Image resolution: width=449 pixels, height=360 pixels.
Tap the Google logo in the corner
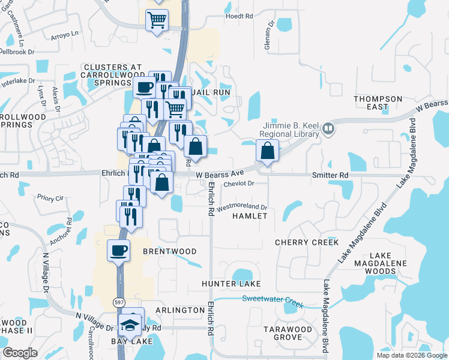20,353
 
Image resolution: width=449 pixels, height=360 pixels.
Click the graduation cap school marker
130,325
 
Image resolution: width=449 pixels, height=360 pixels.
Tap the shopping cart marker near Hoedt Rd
157,20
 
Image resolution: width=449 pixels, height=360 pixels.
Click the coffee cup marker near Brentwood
118,250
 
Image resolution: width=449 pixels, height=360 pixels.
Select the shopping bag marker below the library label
268,151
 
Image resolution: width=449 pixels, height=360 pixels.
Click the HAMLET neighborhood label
249,215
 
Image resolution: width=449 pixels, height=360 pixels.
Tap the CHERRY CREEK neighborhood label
307,242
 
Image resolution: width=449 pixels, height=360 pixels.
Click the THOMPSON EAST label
378,103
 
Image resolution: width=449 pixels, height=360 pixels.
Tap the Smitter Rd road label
330,175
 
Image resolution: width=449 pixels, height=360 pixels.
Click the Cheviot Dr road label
239,184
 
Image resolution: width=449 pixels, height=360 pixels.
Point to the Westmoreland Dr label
241,206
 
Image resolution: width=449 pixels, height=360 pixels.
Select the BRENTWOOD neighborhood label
170,251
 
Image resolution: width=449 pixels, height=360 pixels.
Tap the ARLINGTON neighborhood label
180,310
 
